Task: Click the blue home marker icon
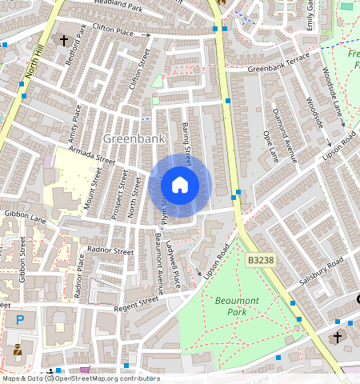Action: [x=180, y=186]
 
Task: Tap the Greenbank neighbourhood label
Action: [x=134, y=138]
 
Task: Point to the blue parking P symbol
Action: [x=20, y=320]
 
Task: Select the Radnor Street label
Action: [x=110, y=250]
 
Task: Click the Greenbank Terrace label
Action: [x=278, y=68]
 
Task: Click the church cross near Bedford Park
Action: [x=63, y=39]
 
